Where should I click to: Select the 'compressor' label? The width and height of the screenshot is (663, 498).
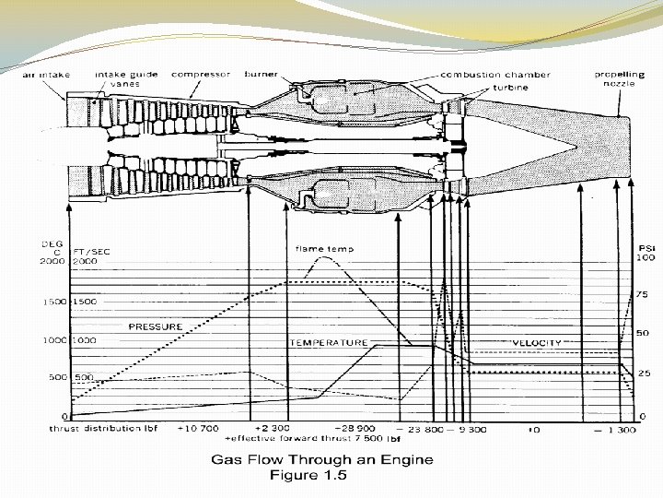point(200,74)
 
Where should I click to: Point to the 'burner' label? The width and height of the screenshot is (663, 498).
point(261,74)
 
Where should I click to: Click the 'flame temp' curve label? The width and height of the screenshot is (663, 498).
point(324,249)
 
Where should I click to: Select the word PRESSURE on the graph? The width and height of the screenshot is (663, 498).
point(156,326)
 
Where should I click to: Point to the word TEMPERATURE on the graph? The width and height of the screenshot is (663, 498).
point(329,342)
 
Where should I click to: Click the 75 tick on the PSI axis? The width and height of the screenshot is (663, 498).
point(643,294)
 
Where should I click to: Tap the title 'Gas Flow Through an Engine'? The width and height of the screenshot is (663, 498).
point(323,459)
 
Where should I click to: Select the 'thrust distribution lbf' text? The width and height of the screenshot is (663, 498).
point(103,430)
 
